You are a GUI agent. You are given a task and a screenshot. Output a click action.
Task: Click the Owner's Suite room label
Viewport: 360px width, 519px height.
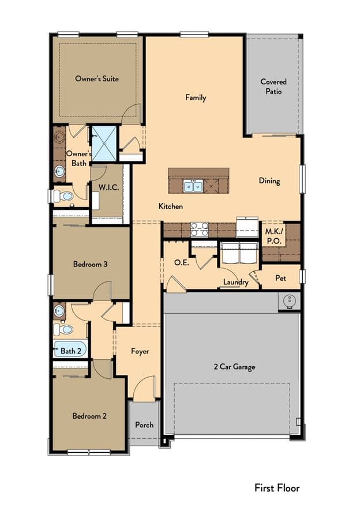point(97,78)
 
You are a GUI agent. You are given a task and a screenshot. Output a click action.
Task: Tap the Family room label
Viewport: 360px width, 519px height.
point(196,97)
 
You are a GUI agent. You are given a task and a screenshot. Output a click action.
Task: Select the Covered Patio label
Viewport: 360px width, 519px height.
point(273,86)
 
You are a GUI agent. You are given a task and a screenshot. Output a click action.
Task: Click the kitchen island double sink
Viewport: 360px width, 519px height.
point(193,187)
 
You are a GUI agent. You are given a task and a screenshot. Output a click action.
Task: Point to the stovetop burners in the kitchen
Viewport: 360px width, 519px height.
point(200,230)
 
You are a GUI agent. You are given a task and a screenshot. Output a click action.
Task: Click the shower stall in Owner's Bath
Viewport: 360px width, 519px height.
point(104,144)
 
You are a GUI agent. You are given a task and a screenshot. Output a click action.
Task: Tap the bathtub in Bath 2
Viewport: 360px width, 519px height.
point(70,349)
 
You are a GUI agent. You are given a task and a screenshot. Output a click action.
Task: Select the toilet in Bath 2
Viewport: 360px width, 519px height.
point(63,329)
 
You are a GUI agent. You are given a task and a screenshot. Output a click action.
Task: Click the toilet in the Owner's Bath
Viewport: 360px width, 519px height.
point(63,196)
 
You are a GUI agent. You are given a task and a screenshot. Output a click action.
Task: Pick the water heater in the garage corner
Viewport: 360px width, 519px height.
point(289,301)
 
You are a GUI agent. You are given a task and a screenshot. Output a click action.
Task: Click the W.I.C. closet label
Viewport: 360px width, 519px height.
point(108,187)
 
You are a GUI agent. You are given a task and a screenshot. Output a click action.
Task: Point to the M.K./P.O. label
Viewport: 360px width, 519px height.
point(274,236)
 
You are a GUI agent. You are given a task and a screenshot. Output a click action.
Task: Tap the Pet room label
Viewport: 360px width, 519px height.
point(280,278)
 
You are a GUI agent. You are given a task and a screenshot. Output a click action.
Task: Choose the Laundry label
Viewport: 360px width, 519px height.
point(236,282)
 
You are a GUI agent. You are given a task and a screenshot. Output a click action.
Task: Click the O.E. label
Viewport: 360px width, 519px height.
point(182,263)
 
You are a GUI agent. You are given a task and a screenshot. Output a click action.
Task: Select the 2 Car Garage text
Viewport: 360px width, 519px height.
point(234,367)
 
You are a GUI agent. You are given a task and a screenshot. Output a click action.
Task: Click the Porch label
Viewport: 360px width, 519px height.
point(144,424)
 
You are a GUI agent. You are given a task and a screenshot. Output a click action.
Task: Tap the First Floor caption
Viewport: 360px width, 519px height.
point(277,488)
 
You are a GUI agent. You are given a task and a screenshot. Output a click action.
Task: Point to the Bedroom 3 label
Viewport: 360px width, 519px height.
point(90,264)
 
